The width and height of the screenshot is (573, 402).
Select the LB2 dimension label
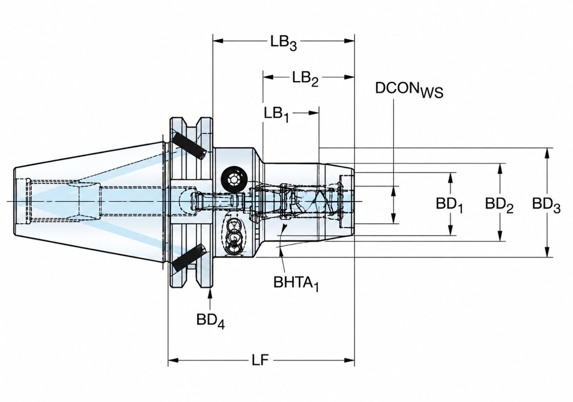tap(305, 79)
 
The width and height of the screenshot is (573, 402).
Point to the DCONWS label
tap(409, 90)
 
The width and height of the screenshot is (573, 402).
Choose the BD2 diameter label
tap(499, 205)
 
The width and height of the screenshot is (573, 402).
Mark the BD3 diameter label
tap(546, 205)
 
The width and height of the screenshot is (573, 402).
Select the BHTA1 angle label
tap(296, 284)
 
